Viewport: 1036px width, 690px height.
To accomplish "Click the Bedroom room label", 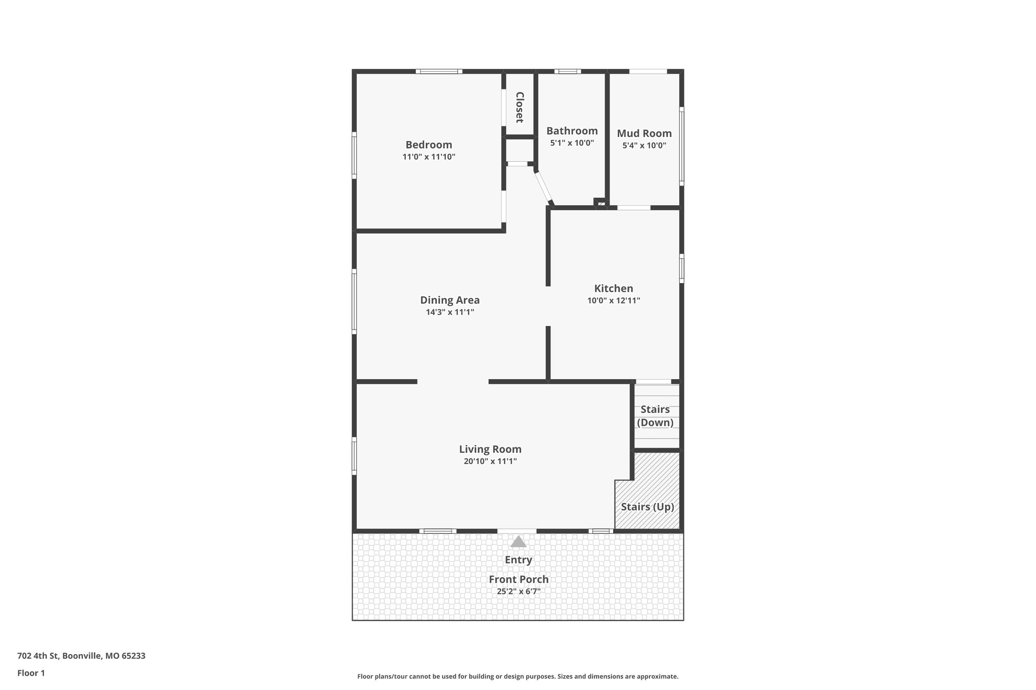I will [x=428, y=145].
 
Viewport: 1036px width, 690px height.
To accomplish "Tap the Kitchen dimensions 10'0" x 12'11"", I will [x=614, y=300].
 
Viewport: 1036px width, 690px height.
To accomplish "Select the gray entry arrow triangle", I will [x=518, y=542].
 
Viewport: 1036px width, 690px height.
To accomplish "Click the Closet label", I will [x=520, y=107].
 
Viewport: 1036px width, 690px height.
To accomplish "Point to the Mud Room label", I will [x=644, y=133].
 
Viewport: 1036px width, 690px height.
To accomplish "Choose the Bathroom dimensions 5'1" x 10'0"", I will [x=572, y=143].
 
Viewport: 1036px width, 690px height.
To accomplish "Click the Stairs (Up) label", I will [x=647, y=507].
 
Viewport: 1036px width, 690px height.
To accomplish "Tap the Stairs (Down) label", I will [x=655, y=416].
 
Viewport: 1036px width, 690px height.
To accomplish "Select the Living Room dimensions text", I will [x=490, y=461].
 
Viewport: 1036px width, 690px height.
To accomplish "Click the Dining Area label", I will [x=450, y=300].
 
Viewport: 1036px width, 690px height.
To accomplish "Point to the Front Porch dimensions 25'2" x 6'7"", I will [x=519, y=591].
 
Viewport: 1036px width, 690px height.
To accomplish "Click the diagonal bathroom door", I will [x=544, y=188].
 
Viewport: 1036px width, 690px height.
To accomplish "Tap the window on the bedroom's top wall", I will [x=439, y=71].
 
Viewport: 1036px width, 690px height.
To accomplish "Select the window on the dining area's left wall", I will [x=354, y=301].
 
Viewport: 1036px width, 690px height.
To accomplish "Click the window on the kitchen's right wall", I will [x=681, y=268].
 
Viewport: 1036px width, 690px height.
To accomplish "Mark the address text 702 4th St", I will [x=81, y=656].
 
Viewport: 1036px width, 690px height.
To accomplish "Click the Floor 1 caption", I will [x=31, y=673].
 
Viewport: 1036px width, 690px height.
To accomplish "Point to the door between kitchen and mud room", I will [x=634, y=207].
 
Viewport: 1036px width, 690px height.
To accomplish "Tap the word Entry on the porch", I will [x=518, y=560].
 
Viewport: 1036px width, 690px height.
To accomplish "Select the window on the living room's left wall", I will [x=354, y=456].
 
